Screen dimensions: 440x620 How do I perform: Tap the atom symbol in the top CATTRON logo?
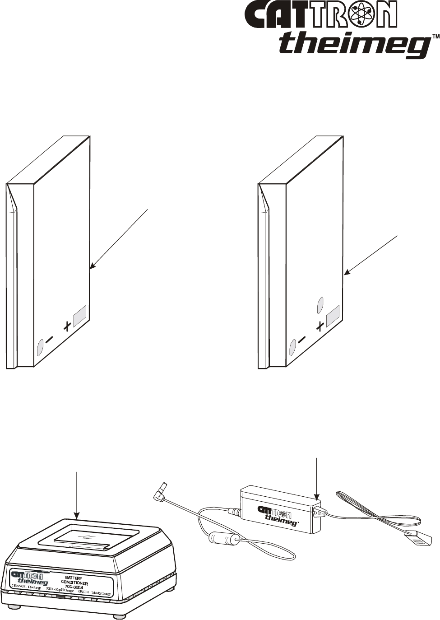click(x=362, y=15)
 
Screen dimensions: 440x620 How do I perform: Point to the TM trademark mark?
click(x=435, y=36)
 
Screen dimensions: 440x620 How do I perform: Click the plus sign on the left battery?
click(x=67, y=326)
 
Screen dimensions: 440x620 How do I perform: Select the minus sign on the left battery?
click(x=49, y=338)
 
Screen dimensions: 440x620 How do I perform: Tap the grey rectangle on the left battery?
click(x=80, y=315)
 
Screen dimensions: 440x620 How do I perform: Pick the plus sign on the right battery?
click(x=320, y=326)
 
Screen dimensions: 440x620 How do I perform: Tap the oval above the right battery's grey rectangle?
click(x=321, y=304)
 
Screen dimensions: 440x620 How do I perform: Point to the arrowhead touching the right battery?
click(x=346, y=272)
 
